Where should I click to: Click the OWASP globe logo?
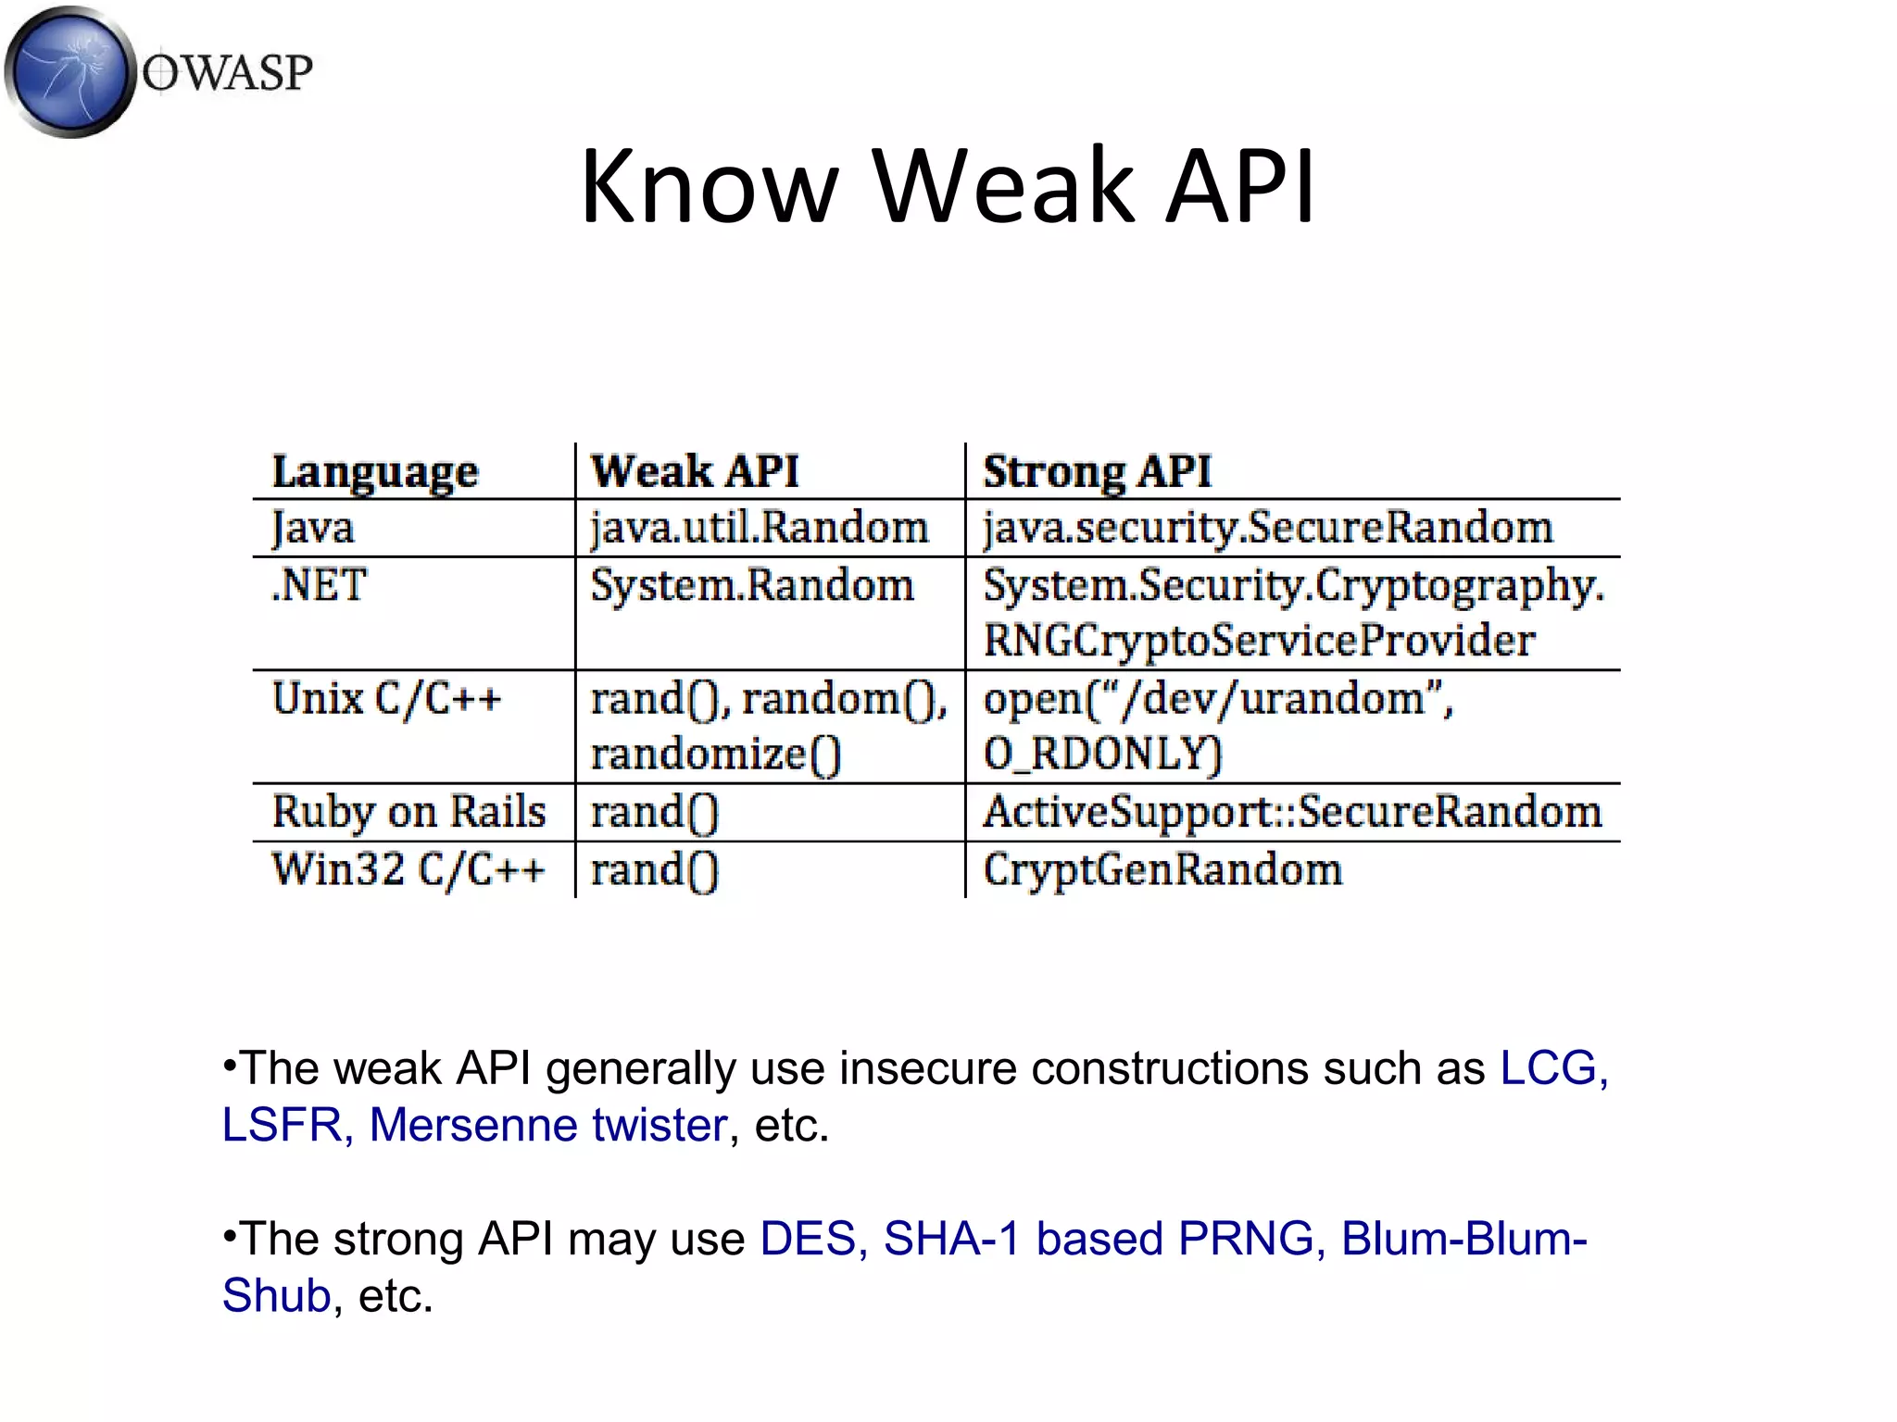[69, 72]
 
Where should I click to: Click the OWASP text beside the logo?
[228, 73]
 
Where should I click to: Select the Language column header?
[375, 471]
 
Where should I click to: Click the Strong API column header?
[1097, 471]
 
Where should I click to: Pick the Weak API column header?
[695, 471]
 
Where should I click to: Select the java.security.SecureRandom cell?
[1267, 528]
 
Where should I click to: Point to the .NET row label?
[320, 585]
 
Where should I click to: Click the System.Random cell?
[752, 585]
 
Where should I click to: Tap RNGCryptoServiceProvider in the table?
[1259, 641]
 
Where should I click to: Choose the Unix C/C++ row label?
[386, 698]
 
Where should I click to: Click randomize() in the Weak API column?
[716, 754]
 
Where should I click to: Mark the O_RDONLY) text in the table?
[1102, 754]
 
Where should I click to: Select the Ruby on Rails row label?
[408, 812]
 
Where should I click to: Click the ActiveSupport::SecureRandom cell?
[1292, 812]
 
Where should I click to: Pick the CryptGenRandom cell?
[1162, 870]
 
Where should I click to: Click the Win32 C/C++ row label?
[408, 870]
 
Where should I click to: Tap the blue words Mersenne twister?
[548, 1125]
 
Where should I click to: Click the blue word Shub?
[276, 1295]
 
